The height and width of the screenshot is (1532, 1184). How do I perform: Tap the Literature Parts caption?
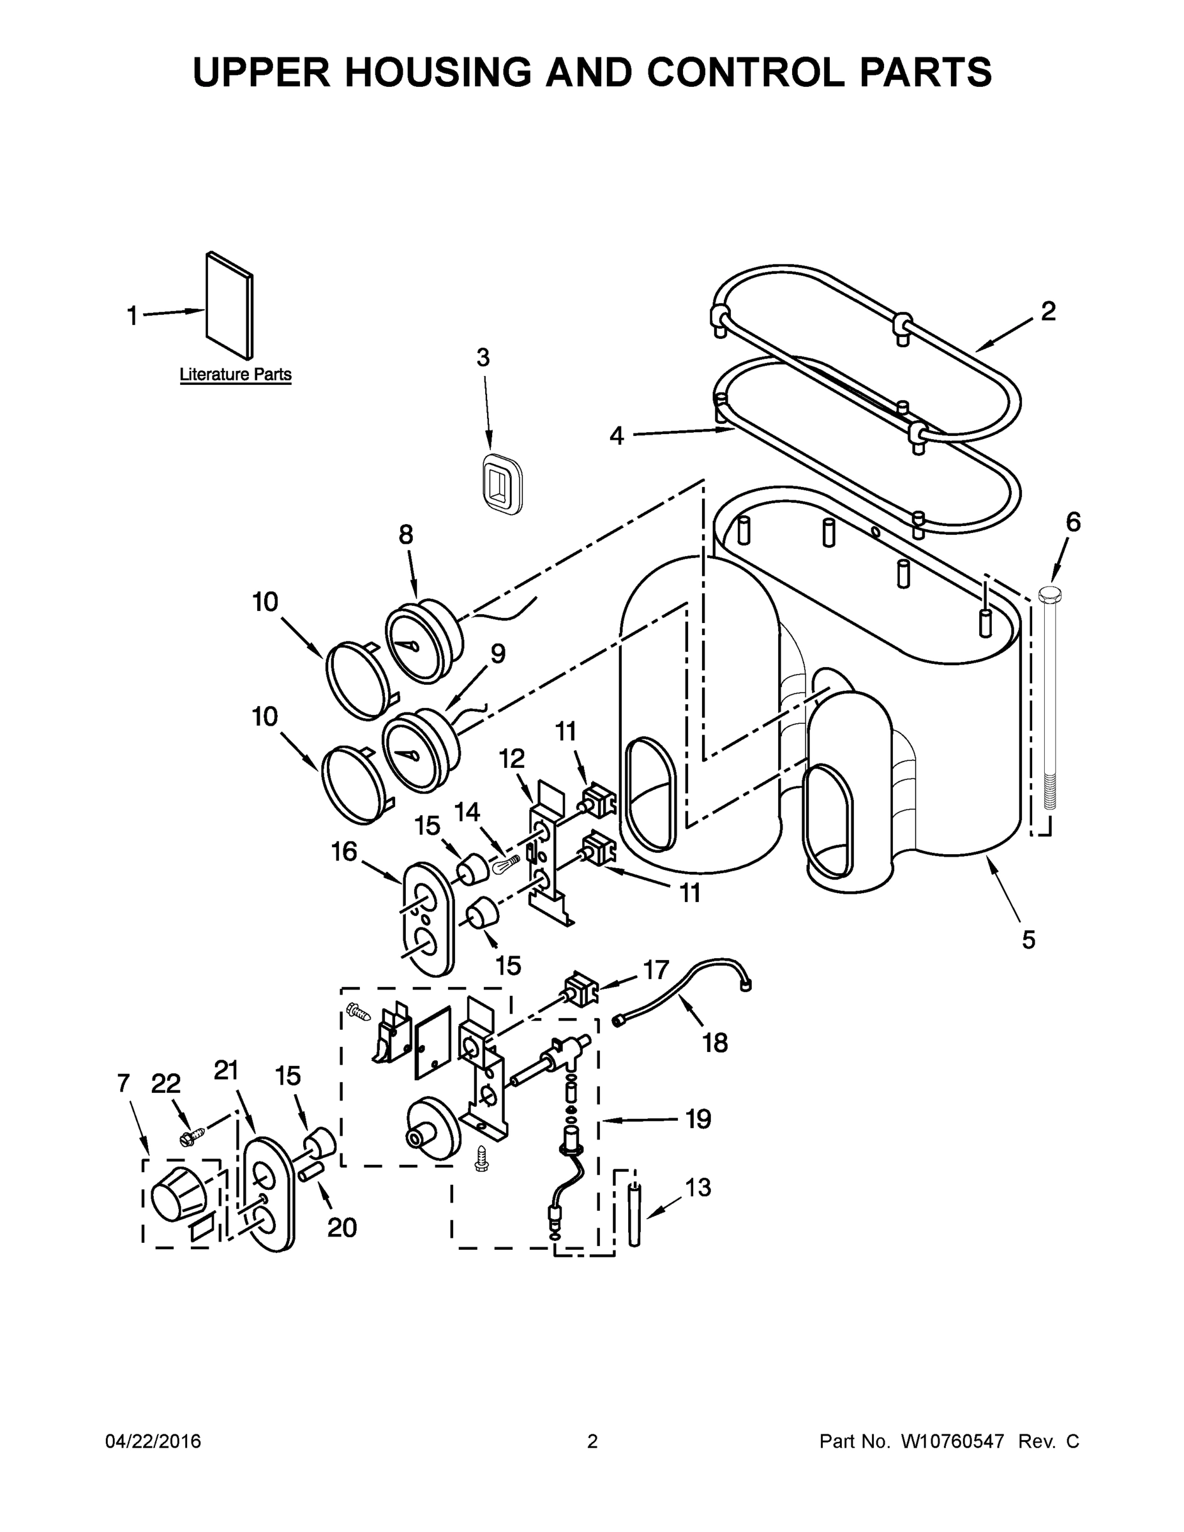click(x=235, y=375)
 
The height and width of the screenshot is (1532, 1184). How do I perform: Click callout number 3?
click(x=483, y=357)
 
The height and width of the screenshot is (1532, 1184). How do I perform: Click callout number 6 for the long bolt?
click(x=1073, y=522)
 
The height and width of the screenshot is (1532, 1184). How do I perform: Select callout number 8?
click(x=406, y=535)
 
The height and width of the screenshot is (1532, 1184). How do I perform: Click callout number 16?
click(x=345, y=852)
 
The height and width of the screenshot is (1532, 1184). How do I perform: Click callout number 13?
click(x=697, y=1187)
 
